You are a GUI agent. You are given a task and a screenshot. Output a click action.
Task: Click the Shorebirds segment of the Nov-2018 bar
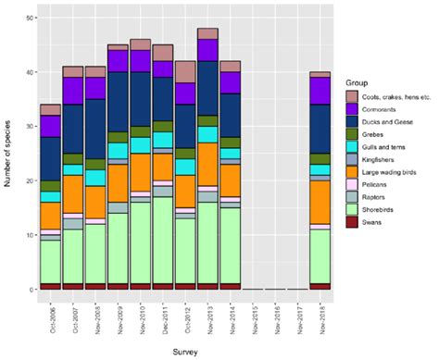point(321,255)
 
